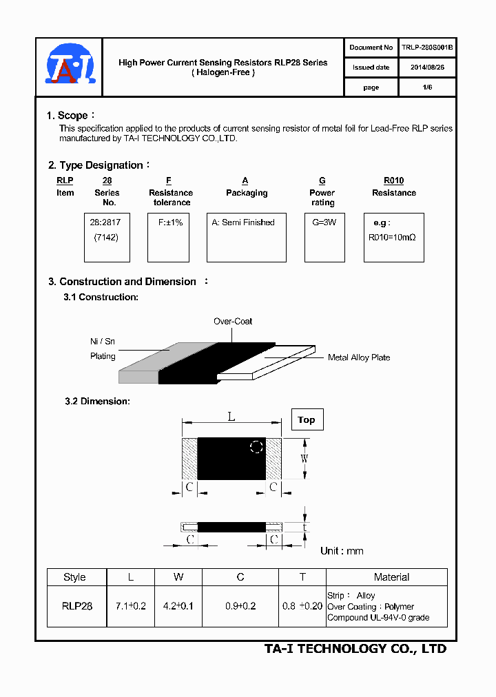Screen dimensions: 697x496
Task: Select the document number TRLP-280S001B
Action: coord(427,48)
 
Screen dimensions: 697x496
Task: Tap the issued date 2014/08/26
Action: coord(427,67)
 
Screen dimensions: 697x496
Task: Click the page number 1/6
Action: coord(427,87)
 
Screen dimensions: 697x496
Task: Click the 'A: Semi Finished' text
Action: coord(243,222)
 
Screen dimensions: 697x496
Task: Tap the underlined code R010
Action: coord(393,180)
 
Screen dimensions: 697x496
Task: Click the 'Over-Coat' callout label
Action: coord(233,322)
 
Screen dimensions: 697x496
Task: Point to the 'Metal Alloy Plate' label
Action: coord(359,357)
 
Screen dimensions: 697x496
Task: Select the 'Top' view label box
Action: coord(307,419)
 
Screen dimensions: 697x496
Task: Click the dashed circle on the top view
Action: coord(256,446)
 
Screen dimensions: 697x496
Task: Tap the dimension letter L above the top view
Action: coord(231,416)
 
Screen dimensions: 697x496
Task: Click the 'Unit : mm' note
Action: coord(342,551)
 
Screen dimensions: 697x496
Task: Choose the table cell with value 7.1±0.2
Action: coord(130,606)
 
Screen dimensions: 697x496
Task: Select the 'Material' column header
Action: coord(391,577)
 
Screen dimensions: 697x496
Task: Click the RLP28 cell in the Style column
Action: coord(76,606)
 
